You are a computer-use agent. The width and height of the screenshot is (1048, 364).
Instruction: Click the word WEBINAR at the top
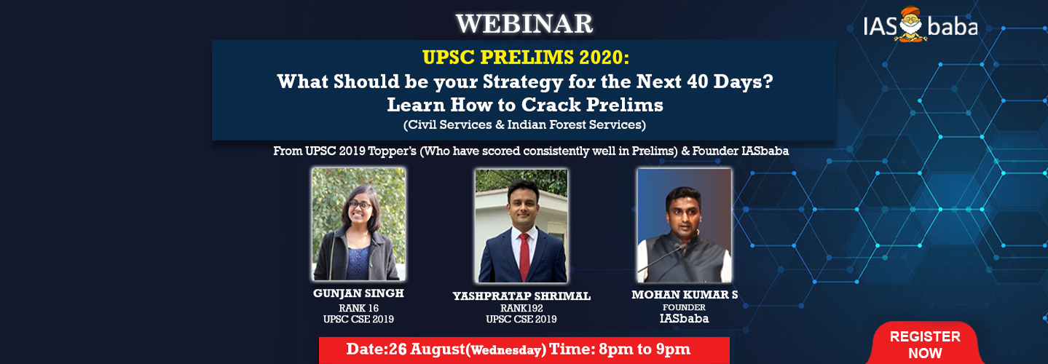pyautogui.click(x=524, y=24)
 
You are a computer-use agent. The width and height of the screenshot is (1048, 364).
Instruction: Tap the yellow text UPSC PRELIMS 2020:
pyautogui.click(x=526, y=57)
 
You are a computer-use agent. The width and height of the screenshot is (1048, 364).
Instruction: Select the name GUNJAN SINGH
pyautogui.click(x=358, y=293)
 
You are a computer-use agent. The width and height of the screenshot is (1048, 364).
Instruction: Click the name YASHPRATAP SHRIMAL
pyautogui.click(x=521, y=296)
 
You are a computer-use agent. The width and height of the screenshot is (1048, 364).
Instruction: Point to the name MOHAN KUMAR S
pyautogui.click(x=685, y=295)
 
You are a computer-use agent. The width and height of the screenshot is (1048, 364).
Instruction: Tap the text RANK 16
pyautogui.click(x=359, y=309)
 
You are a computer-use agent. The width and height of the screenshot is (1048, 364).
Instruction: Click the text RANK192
pyautogui.click(x=521, y=309)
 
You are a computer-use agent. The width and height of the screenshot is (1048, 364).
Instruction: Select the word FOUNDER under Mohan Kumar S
pyautogui.click(x=684, y=307)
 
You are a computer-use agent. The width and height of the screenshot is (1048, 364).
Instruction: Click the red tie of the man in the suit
pyautogui.click(x=524, y=256)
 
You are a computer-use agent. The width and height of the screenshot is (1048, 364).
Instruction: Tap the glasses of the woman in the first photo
pyautogui.click(x=359, y=205)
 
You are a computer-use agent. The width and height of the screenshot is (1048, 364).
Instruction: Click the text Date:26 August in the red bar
pyautogui.click(x=406, y=349)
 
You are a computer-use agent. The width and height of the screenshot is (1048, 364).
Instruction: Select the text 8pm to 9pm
pyautogui.click(x=645, y=349)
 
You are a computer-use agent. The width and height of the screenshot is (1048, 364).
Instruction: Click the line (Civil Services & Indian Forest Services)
pyautogui.click(x=524, y=125)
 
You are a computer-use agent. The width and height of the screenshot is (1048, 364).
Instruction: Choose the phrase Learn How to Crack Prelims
pyautogui.click(x=525, y=105)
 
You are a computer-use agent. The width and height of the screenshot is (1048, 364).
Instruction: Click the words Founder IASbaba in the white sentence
pyautogui.click(x=741, y=151)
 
